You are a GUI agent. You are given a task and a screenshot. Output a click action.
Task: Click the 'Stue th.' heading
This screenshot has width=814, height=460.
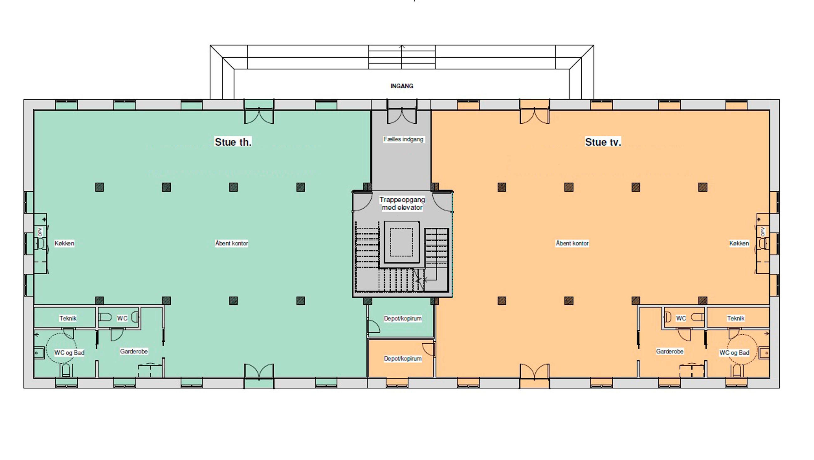[233, 142]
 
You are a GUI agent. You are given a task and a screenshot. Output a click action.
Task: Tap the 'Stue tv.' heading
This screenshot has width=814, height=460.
[603, 142]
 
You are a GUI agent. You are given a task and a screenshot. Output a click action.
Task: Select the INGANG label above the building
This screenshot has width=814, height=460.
[402, 86]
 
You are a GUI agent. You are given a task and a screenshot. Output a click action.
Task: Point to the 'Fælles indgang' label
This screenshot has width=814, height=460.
[403, 139]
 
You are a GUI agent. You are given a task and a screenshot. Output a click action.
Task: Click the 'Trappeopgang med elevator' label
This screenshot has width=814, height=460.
[402, 204]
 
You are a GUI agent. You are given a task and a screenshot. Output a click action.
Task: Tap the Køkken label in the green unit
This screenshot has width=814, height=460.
[64, 243]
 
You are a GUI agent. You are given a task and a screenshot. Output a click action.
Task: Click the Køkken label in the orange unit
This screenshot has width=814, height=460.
[739, 243]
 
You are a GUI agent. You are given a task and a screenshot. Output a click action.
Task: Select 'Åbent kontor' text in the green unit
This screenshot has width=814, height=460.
[232, 243]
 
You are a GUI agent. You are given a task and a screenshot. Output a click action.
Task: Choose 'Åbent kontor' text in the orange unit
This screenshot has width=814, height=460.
[572, 243]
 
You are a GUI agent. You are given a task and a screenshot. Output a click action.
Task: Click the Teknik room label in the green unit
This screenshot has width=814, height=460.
[68, 318]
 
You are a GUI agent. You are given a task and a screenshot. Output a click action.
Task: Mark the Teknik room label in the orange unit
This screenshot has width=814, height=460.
[736, 318]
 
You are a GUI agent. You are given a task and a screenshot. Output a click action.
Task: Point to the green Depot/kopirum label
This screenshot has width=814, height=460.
[403, 318]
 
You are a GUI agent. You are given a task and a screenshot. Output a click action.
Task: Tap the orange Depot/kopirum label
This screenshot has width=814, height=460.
[403, 359]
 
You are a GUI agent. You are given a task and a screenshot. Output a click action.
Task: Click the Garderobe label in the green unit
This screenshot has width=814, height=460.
[134, 351]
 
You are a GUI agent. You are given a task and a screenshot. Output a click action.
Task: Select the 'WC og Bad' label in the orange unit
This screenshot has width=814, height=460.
[734, 353]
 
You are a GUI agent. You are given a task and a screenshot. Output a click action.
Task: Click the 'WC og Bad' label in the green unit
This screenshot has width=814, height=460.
[69, 353]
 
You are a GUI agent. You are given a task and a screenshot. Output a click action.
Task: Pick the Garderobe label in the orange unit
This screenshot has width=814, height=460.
[670, 351]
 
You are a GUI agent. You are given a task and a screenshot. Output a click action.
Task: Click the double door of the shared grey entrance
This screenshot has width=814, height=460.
[402, 116]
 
